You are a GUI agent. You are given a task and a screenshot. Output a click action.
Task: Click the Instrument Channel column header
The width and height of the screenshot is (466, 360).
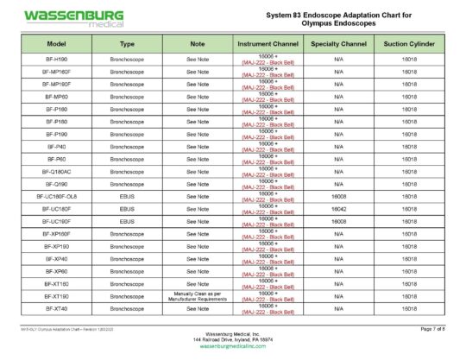268,42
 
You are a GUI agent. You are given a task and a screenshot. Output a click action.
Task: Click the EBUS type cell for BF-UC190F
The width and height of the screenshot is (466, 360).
128,222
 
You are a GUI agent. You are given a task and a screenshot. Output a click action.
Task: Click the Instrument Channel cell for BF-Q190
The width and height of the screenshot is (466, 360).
268,184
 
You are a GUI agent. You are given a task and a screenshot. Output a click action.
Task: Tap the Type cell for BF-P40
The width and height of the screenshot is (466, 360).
128,147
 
